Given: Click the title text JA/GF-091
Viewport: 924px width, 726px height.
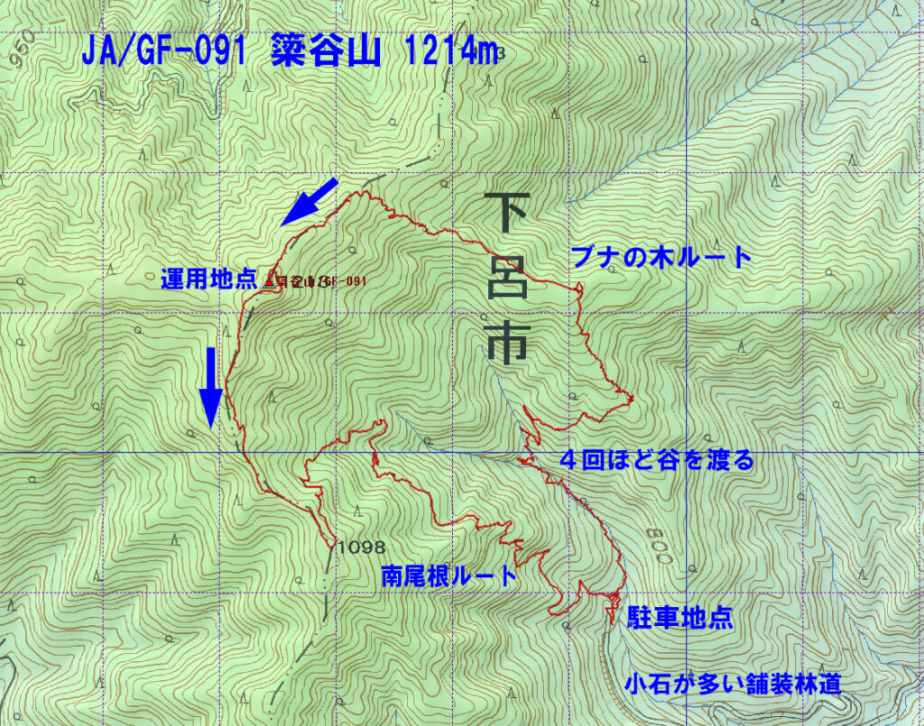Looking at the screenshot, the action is pos(163,53).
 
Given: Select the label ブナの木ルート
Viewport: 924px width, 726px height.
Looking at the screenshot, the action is pos(661,258).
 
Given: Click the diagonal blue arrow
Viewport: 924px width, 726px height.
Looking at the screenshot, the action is pos(308,202).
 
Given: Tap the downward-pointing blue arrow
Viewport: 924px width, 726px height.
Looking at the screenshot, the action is pos(209,387).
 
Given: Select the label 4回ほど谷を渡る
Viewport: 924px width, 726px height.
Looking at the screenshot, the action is pos(656,461).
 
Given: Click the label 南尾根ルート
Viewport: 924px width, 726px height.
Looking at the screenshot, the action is pos(448,576).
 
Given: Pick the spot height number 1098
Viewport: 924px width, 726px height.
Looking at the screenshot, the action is pos(361,547).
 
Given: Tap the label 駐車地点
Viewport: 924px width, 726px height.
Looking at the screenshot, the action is pos(679,619).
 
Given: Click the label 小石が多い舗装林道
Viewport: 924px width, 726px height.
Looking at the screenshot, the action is pos(733,685).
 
